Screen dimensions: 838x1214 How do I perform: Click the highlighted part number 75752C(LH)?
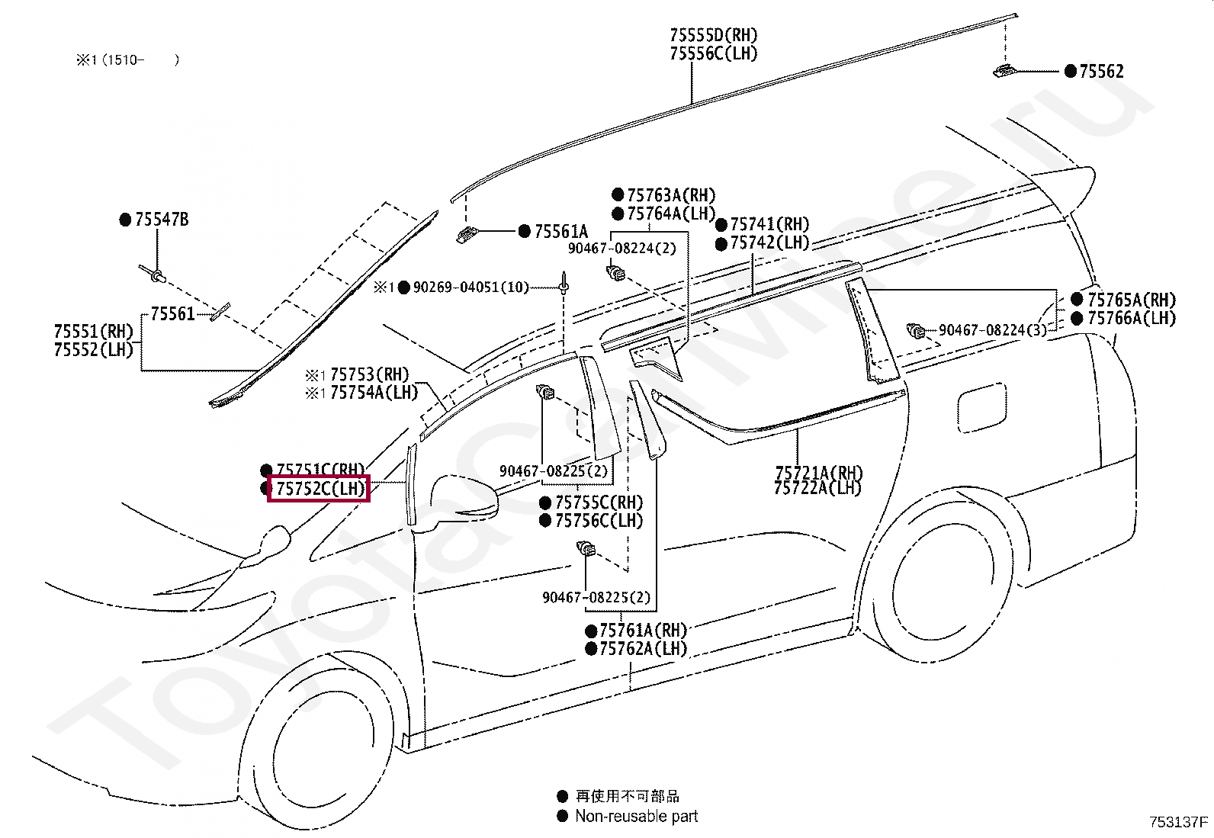(319, 489)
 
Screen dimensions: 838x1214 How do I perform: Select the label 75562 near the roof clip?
(1101, 72)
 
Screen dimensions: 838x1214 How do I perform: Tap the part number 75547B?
(161, 220)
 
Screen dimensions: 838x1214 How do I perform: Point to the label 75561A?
(560, 232)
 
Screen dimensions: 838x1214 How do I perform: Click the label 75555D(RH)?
(714, 35)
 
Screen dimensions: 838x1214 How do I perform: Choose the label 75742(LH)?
(769, 242)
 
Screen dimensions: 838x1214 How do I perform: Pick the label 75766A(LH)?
(1131, 318)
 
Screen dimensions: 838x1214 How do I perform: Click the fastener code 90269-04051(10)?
(471, 287)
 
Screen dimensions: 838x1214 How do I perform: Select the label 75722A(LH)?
(817, 488)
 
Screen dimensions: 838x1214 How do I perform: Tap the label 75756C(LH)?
(599, 521)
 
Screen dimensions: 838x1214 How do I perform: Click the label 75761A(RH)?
(643, 631)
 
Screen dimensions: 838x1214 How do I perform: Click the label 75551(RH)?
(94, 332)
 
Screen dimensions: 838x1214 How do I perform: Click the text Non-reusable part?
(636, 817)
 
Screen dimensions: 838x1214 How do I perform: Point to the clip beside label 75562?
(1004, 72)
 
